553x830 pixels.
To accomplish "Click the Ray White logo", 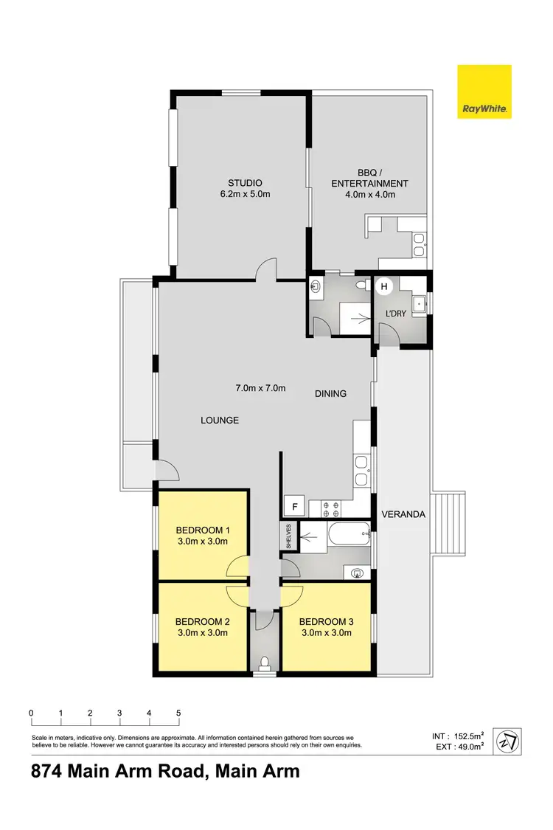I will (484, 92).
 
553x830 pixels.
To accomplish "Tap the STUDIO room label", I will (245, 183).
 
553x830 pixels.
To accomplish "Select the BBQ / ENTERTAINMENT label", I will (369, 183).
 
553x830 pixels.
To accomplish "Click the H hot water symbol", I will (383, 286).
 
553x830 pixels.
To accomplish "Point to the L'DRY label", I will (396, 314).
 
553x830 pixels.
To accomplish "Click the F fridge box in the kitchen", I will (294, 507).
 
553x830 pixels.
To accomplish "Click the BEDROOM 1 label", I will (203, 530).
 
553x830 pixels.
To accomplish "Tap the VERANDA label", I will (403, 514).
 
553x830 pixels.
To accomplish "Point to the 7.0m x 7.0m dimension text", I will (260, 388).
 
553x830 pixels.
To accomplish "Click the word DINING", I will (330, 394).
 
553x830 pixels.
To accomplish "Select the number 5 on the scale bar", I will (178, 713).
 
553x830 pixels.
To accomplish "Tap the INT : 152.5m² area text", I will (458, 736).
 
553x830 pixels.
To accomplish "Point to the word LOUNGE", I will (220, 421).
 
